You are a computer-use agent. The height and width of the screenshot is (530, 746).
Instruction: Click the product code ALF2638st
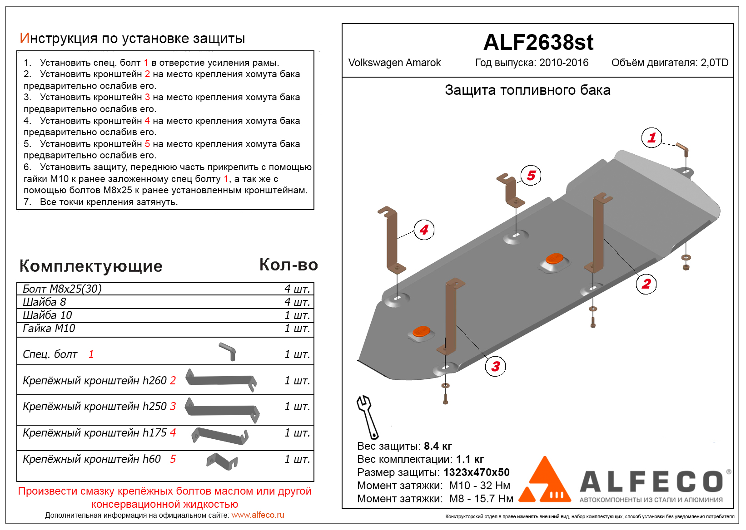point(538,43)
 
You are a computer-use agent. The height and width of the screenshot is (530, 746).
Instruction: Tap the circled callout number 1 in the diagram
point(652,137)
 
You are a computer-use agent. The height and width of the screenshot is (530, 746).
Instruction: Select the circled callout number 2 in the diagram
point(646,284)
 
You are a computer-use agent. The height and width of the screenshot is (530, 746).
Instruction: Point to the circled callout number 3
point(495,366)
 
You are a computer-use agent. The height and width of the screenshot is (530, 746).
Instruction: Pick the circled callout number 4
point(424,230)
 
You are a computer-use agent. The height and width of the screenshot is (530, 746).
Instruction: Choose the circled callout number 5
point(531,175)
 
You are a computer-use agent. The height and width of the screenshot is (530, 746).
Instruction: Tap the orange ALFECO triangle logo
point(545,482)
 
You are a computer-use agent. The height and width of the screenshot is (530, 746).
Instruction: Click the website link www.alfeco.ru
point(258,515)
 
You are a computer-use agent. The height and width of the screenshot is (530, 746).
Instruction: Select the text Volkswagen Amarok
point(394,63)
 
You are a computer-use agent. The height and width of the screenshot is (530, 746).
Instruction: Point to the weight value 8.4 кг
point(438,446)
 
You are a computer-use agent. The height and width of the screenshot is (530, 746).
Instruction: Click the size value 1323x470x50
point(476,472)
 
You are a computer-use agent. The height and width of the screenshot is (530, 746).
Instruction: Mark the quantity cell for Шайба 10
point(297,315)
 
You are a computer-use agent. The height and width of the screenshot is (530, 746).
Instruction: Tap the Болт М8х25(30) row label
point(62,289)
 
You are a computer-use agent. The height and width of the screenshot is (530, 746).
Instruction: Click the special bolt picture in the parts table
point(228,351)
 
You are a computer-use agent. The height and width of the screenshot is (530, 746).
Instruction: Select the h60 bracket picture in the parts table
point(222,461)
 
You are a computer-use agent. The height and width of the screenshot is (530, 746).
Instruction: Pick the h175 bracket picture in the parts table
point(220,435)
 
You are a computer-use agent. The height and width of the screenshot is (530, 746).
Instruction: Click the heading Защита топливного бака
point(527,90)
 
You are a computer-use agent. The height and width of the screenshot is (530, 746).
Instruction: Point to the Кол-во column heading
point(288,265)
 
